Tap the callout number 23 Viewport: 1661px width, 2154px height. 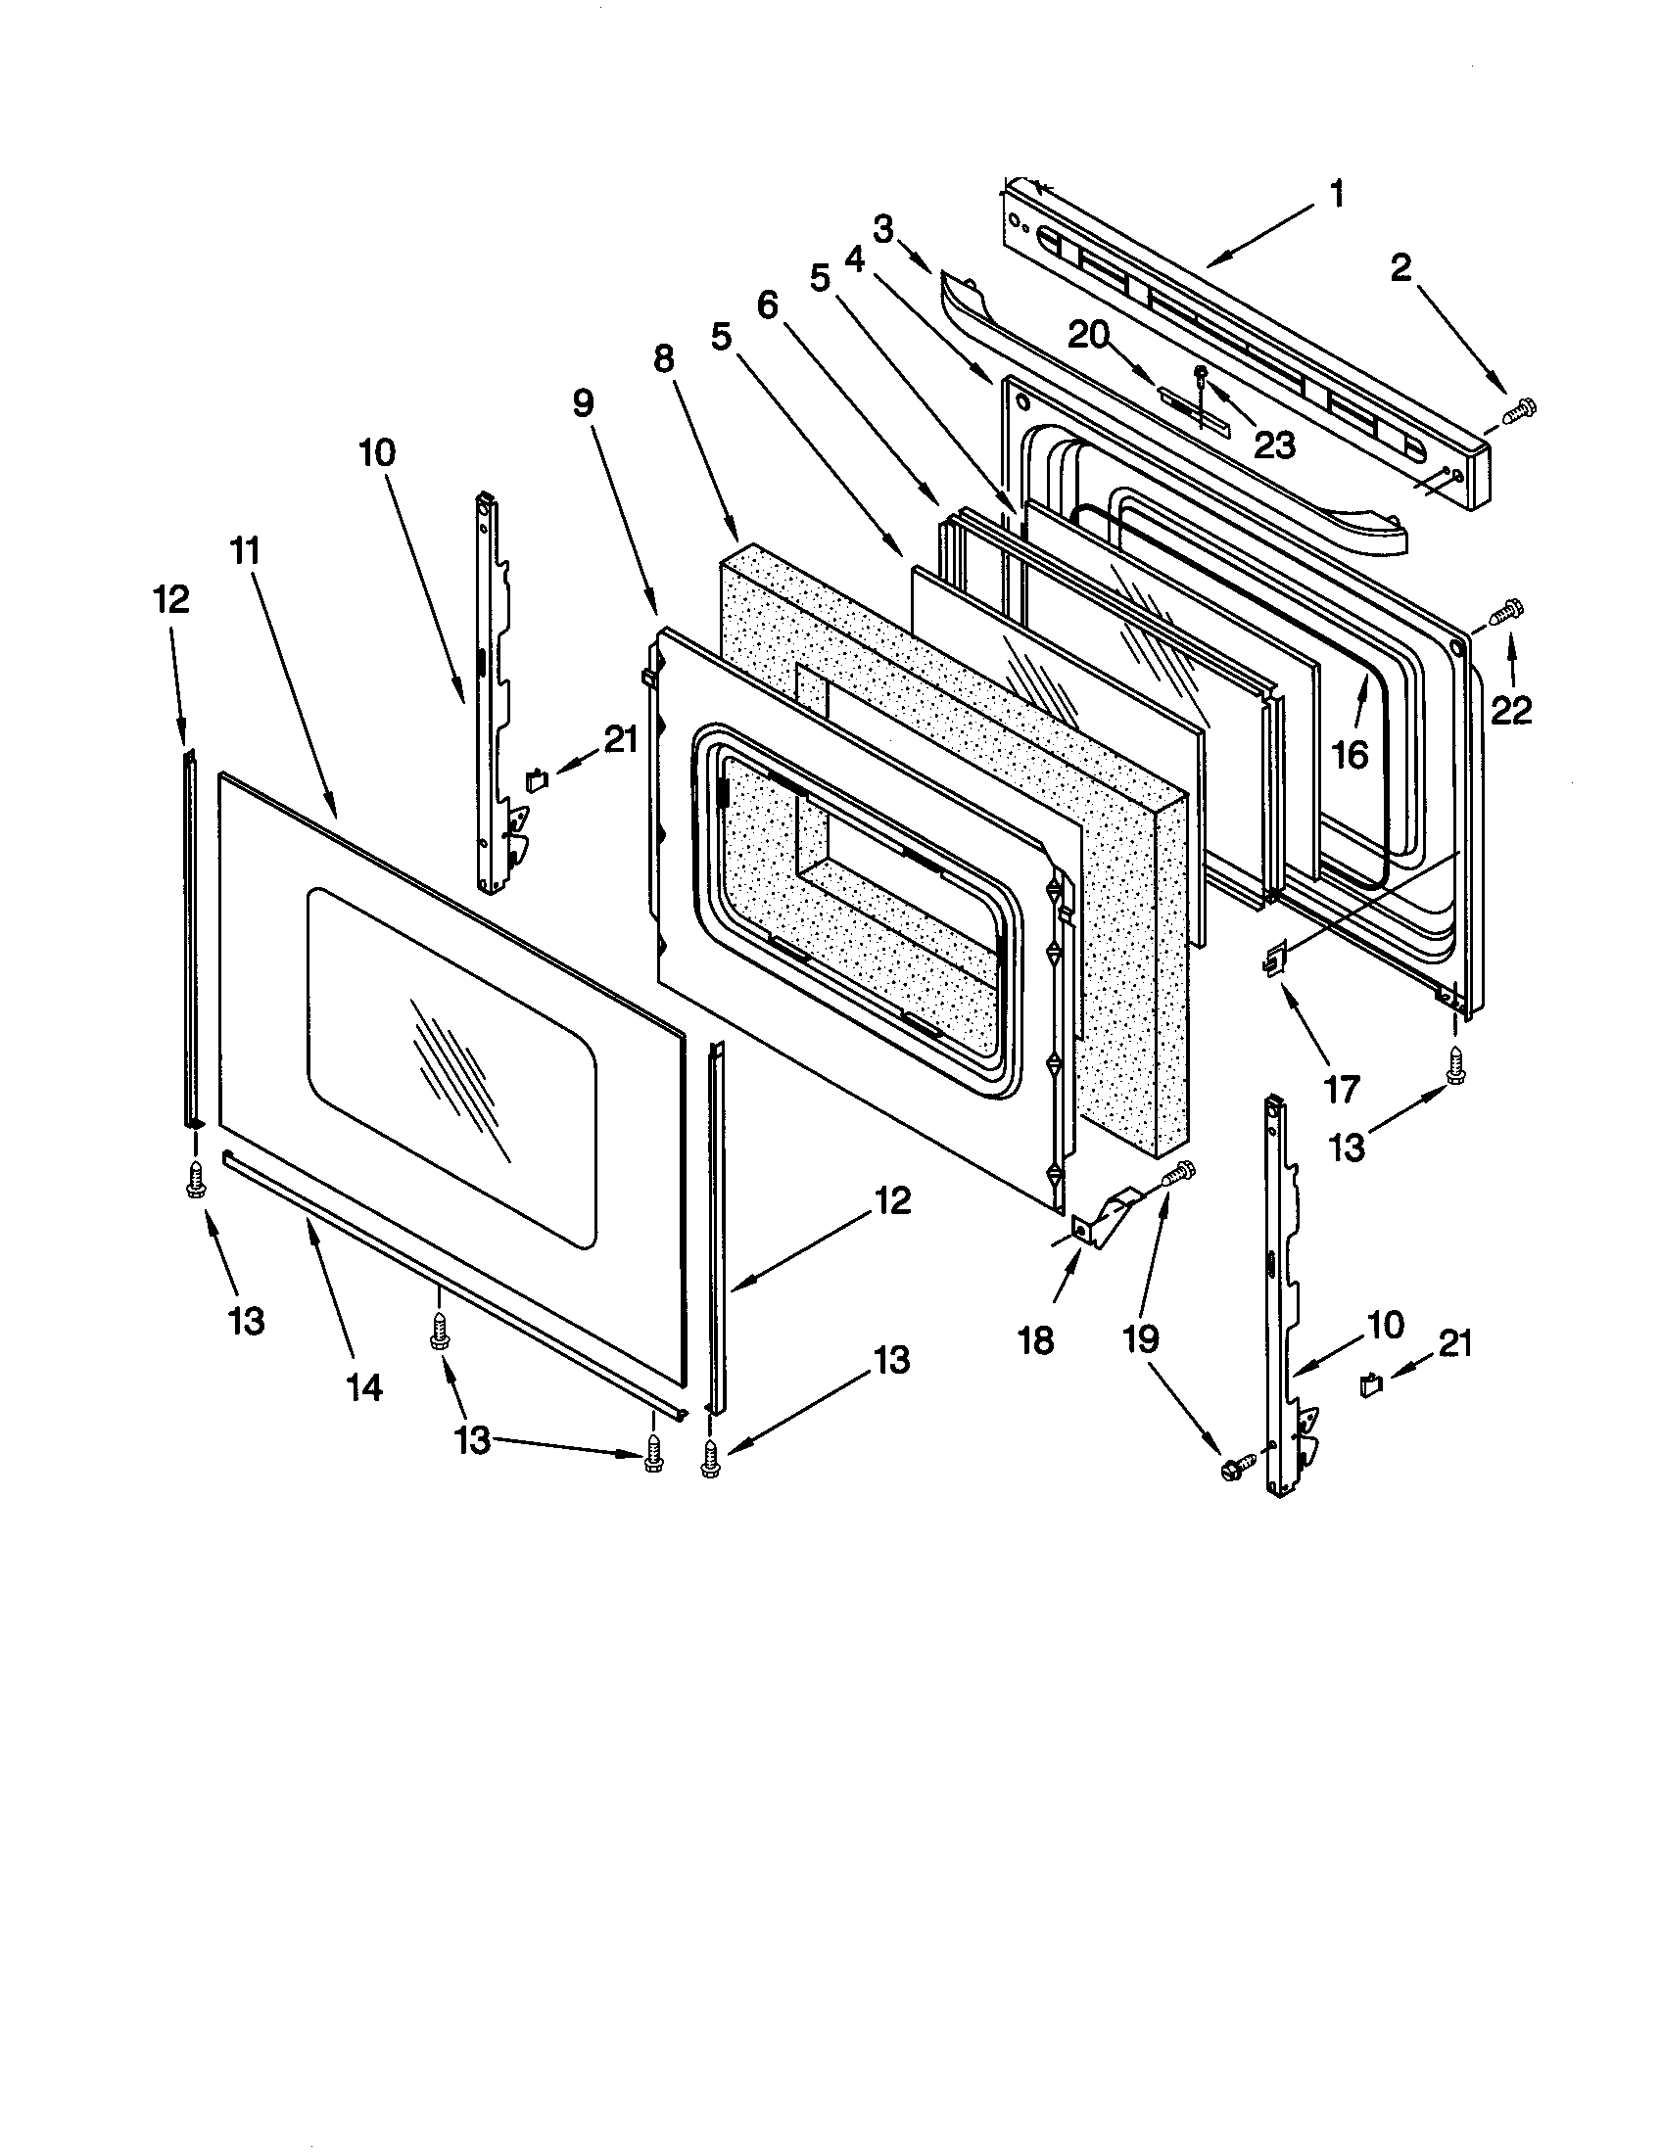1273,445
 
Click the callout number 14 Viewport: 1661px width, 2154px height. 363,1387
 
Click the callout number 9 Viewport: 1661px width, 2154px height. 584,404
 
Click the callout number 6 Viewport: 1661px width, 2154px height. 767,305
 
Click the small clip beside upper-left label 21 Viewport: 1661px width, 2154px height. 538,781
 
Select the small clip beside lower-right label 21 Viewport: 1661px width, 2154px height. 1370,1383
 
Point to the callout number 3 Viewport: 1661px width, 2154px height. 882,230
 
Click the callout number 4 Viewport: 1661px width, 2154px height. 854,259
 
